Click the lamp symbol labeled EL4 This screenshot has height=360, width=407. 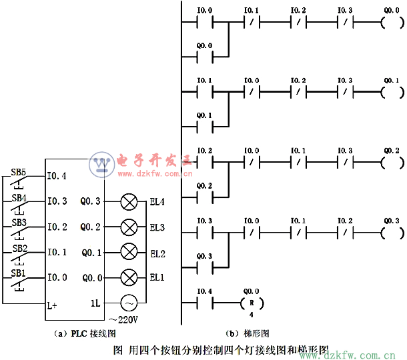pyautogui.click(x=128, y=201)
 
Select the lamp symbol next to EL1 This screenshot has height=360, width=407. pyautogui.click(x=128, y=277)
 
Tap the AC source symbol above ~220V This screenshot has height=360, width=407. pyautogui.click(x=128, y=303)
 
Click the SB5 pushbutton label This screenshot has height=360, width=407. pyautogui.click(x=18, y=173)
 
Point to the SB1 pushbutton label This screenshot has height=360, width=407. pyautogui.click(x=18, y=273)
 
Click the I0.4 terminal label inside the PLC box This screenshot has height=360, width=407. pyautogui.click(x=57, y=177)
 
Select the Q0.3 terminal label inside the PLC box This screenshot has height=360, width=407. pyautogui.click(x=91, y=201)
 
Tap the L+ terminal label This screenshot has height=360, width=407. pyautogui.click(x=53, y=305)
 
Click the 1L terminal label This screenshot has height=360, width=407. pyautogui.click(x=96, y=303)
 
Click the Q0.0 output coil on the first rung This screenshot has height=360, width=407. pyautogui.click(x=391, y=22)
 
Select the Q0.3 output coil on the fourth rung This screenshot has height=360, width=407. pyautogui.click(x=391, y=232)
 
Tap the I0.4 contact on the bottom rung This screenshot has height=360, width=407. pyautogui.click(x=205, y=303)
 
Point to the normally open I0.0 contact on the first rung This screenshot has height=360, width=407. pyautogui.click(x=205, y=22)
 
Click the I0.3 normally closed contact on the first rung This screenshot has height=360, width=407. pyautogui.click(x=344, y=22)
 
